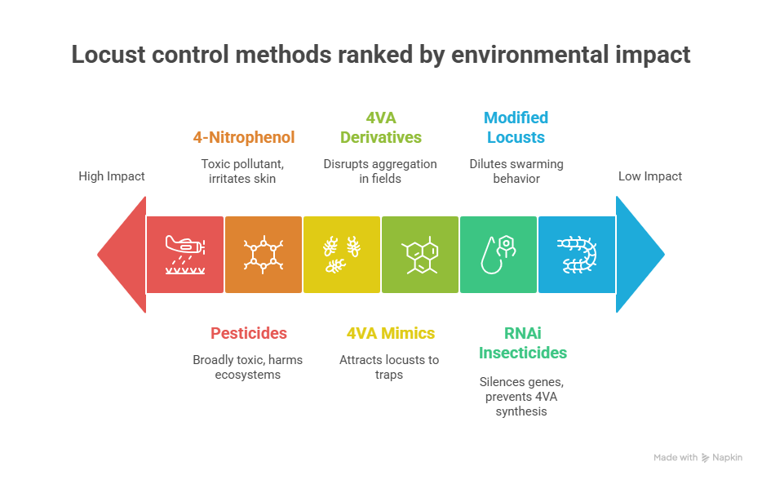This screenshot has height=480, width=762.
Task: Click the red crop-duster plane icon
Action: [x=185, y=254]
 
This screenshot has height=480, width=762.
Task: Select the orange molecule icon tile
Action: [x=264, y=254]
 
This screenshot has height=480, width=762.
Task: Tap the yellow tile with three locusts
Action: [x=342, y=254]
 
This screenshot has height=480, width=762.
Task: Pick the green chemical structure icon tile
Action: [x=420, y=254]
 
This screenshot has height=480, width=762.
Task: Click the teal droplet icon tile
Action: [x=498, y=254]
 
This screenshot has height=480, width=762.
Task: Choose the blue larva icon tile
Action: [x=577, y=254]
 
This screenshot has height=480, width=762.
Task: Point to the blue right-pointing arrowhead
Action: [x=640, y=254]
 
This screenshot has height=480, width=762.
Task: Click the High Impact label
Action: [x=112, y=176]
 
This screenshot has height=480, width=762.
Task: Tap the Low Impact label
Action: [x=650, y=176]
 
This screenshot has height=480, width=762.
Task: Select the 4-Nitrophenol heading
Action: [x=244, y=137]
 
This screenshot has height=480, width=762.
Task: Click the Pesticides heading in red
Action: [x=249, y=333]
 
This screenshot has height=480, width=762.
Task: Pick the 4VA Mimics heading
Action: [x=391, y=333]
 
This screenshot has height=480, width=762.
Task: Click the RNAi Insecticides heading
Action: [x=522, y=343]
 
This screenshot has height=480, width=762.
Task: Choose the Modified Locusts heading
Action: [x=516, y=127]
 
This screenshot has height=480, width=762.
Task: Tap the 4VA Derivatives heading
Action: [x=381, y=127]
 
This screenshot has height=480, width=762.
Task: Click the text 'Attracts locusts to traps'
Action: [x=389, y=367]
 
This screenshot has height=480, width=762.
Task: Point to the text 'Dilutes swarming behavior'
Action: [x=516, y=171]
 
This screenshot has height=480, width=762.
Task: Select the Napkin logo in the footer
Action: [x=722, y=458]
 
